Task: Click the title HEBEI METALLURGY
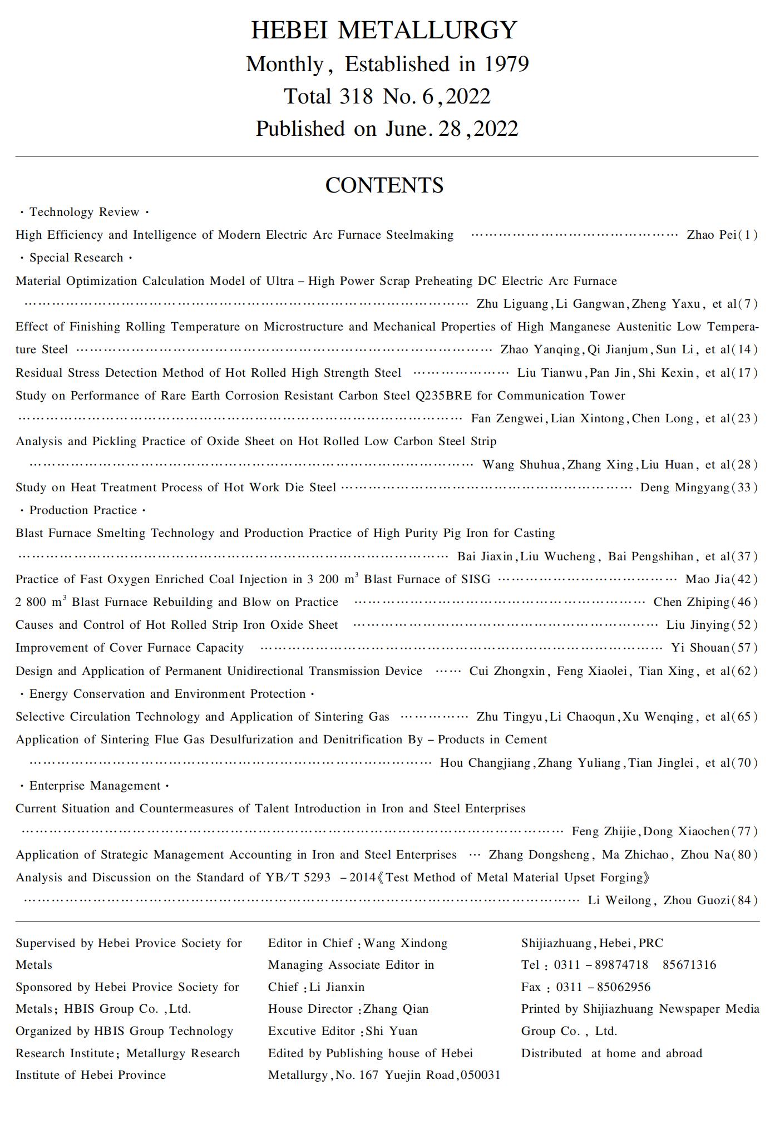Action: [x=384, y=30]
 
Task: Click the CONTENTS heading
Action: [x=384, y=185]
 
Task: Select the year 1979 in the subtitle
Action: [x=506, y=65]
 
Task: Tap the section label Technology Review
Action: [x=84, y=212]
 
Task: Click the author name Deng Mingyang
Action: [x=684, y=487]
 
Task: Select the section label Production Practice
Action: [x=83, y=510]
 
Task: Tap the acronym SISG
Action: [x=476, y=579]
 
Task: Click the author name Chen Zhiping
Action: [x=690, y=602]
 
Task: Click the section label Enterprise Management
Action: [x=95, y=786]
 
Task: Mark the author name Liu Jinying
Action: [x=698, y=625]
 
